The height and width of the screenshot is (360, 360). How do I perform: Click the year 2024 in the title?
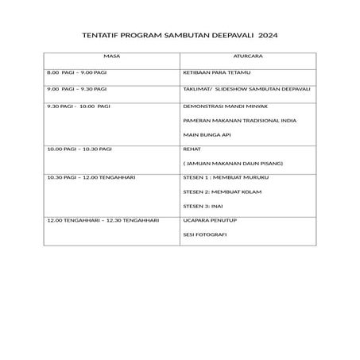coord(269,36)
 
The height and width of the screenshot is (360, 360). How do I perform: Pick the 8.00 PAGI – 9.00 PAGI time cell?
coord(77,72)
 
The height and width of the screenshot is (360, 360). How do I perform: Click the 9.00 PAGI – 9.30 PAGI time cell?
coord(77,89)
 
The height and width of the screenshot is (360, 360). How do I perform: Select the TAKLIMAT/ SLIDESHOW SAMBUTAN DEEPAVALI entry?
coord(246,89)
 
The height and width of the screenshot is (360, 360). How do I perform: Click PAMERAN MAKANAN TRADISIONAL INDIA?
coord(240,121)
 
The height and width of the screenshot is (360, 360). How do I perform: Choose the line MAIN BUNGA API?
coord(206,135)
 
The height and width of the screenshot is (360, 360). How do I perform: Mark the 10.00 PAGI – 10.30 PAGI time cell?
coord(79,149)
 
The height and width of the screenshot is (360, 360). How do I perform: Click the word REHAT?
coord(192,149)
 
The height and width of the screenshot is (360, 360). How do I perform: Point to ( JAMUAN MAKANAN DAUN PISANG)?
coord(228,163)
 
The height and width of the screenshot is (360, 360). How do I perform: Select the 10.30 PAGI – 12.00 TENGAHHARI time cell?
coord(91,177)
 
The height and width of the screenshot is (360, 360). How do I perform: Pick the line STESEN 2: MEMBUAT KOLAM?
coord(220,192)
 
